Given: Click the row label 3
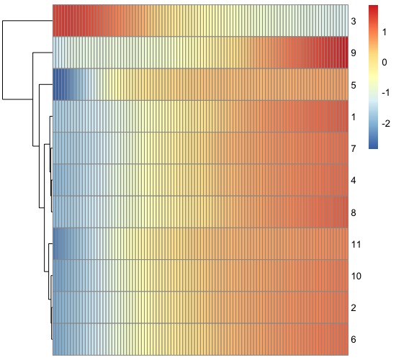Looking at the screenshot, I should [x=354, y=21].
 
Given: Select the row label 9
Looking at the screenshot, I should [x=354, y=53].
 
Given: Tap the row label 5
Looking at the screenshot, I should [x=354, y=85].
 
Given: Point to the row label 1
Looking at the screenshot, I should [x=354, y=117].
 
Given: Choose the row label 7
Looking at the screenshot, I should [x=354, y=148].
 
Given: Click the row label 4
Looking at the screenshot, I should [x=354, y=181].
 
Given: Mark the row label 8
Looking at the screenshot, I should [x=354, y=212].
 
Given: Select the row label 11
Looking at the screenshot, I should [x=356, y=245].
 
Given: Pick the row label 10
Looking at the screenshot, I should [x=356, y=276].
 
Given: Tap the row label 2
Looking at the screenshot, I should [x=354, y=308].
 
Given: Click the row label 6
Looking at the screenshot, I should [x=354, y=340].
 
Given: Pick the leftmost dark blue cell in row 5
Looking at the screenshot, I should [x=55, y=85].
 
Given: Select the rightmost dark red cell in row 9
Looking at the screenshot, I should [x=345, y=53].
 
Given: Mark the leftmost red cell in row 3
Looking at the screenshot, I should [x=55, y=21].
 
